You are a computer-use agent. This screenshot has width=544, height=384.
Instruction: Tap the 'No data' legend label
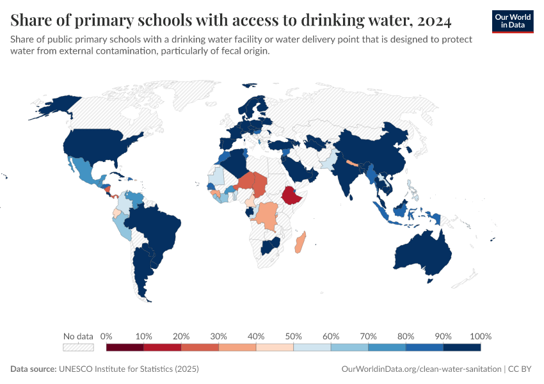click(78, 336)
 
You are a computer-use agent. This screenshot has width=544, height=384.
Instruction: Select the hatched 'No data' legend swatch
click(78, 348)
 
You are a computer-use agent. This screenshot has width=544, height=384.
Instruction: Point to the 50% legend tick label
click(293, 336)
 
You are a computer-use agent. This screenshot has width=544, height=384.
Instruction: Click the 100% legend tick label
click(480, 336)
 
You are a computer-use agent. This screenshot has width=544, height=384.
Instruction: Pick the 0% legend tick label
click(106, 336)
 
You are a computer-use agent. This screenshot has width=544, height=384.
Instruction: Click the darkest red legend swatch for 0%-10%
click(125, 348)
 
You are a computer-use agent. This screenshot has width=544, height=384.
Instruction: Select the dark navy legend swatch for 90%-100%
click(461, 348)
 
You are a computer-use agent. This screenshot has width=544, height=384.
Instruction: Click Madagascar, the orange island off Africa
click(300, 243)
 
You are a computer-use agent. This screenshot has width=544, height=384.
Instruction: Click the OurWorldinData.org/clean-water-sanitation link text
click(422, 369)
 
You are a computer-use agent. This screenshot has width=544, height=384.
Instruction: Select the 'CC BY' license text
click(521, 369)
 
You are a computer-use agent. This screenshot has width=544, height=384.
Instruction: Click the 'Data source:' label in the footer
click(33, 369)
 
